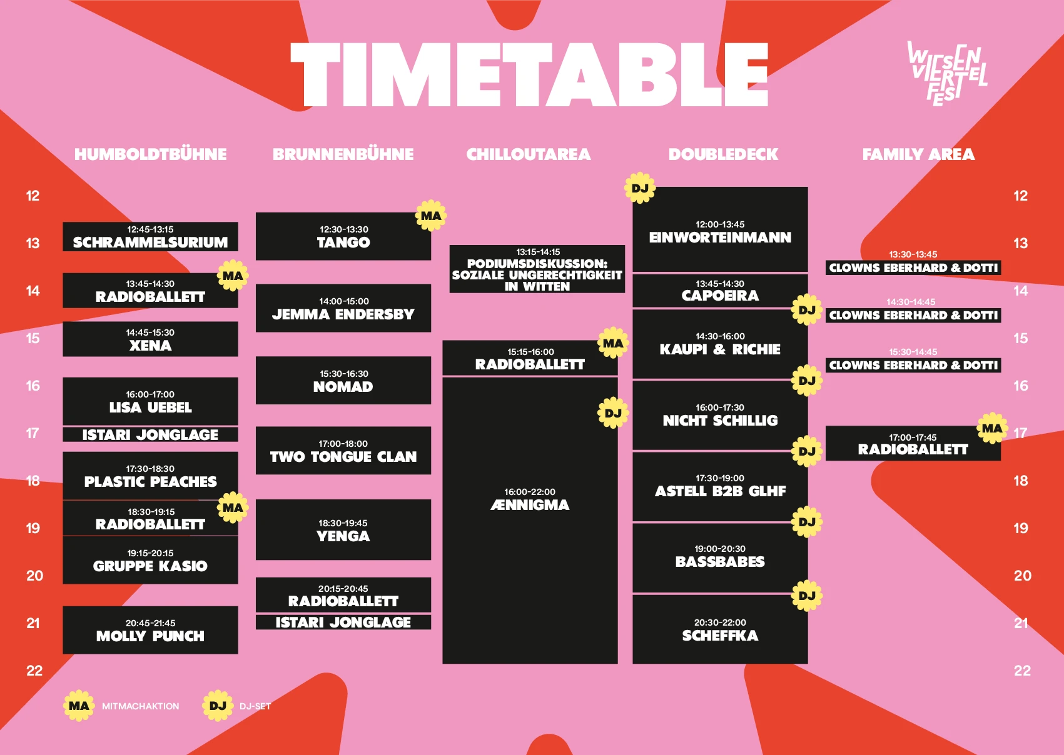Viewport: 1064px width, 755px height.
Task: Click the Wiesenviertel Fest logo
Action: [x=947, y=74]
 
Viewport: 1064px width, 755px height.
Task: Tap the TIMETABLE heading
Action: [x=529, y=74]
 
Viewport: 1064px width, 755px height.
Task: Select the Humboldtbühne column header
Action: [x=151, y=154]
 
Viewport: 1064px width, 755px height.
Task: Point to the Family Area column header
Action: [x=918, y=154]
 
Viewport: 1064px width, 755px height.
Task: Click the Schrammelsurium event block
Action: [x=151, y=236]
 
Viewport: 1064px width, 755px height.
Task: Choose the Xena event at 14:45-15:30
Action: [x=151, y=339]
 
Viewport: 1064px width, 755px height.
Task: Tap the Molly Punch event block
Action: [x=151, y=630]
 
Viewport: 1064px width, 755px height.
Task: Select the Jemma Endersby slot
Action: [x=343, y=308]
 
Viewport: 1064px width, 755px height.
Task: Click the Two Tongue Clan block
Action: [x=343, y=451]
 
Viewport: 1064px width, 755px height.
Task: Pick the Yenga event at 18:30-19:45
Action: [x=343, y=529]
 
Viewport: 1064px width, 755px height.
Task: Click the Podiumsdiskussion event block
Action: [x=537, y=269]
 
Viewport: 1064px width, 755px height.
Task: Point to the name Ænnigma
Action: [x=530, y=505]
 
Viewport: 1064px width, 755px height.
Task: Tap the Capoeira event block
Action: [x=720, y=291]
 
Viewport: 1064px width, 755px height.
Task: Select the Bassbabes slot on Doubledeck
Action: [x=720, y=557]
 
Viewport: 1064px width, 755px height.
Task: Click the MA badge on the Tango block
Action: [x=431, y=216]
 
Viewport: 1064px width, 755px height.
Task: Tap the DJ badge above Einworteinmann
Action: [x=640, y=188]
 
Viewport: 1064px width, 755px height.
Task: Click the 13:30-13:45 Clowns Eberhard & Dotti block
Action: [x=913, y=267]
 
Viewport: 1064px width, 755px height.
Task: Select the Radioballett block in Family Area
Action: [x=913, y=443]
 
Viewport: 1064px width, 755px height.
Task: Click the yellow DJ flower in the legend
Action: [x=218, y=706]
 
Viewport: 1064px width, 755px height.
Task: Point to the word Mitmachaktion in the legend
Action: [x=141, y=706]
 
